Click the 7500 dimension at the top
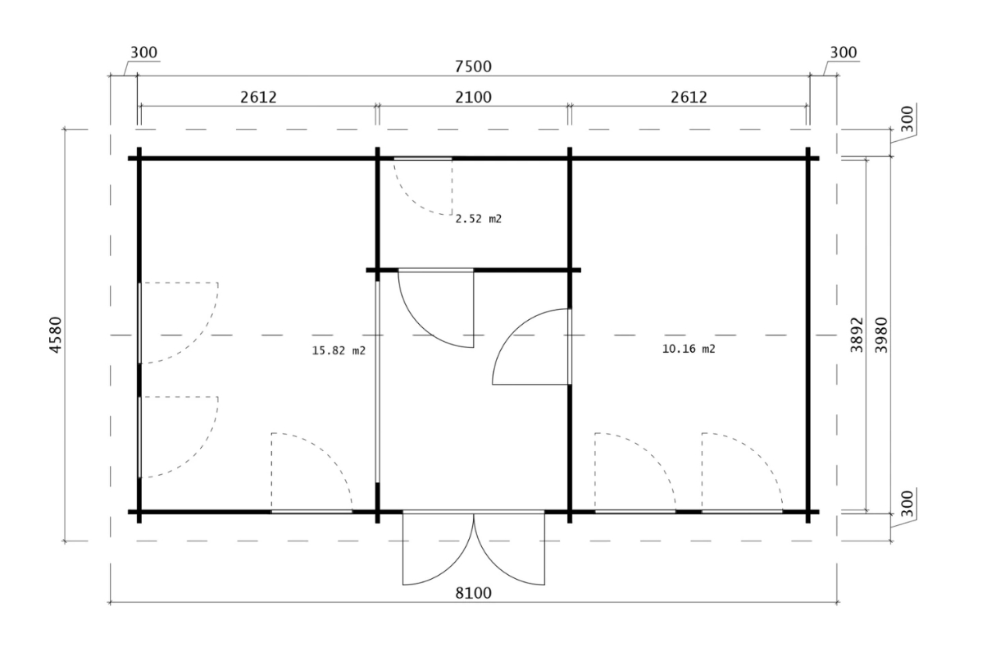click(473, 66)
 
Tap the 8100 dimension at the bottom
click(474, 593)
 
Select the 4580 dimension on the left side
click(56, 335)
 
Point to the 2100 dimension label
click(474, 97)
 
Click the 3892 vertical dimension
click(857, 335)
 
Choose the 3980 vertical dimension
click(881, 335)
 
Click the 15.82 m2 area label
click(339, 350)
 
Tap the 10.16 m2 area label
click(689, 349)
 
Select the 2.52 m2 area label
click(479, 219)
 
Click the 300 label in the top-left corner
click(143, 52)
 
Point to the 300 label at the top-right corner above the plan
click(844, 52)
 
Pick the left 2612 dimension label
click(258, 97)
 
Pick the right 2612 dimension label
click(689, 97)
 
